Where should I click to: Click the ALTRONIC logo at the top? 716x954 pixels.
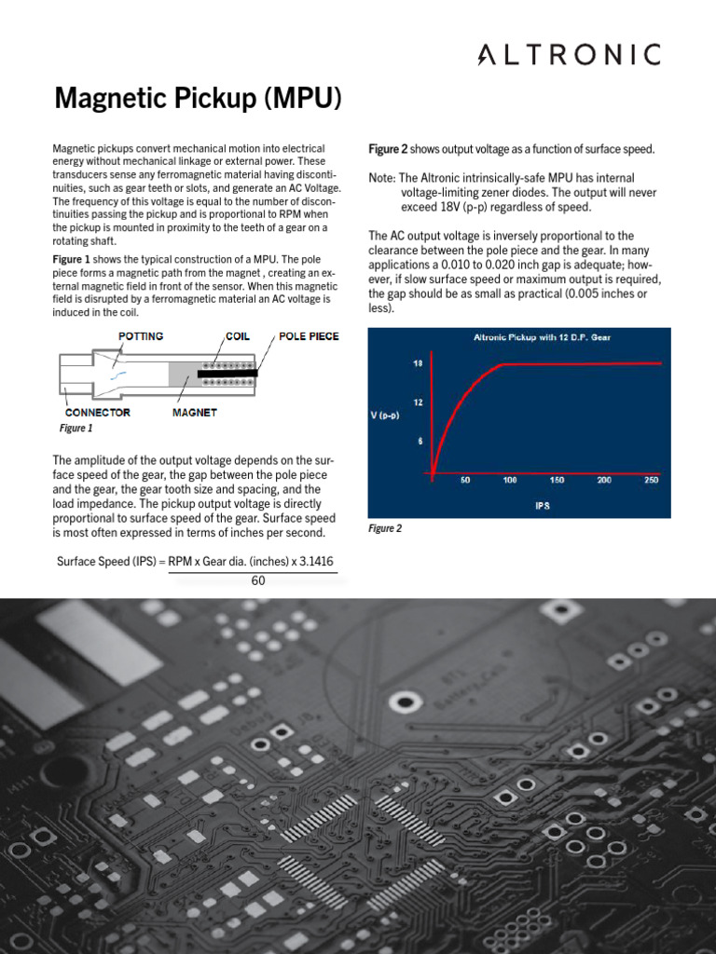(570, 55)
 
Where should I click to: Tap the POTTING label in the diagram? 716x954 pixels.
(141, 336)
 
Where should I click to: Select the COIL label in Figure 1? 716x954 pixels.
(238, 336)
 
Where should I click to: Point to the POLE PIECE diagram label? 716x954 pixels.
(309, 336)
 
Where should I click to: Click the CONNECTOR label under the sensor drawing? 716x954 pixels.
(98, 412)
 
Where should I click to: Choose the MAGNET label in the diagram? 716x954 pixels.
(194, 412)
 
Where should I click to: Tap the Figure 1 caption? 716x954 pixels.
(76, 429)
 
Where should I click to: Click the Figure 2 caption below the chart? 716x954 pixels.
(385, 528)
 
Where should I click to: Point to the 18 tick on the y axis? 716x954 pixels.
(419, 363)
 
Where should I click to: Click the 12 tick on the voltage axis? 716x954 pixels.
(419, 402)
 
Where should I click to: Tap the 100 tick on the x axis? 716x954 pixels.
(510, 481)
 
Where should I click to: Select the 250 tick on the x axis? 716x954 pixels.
(651, 481)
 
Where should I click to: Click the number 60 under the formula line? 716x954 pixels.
(258, 581)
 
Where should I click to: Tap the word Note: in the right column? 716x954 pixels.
(382, 178)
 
